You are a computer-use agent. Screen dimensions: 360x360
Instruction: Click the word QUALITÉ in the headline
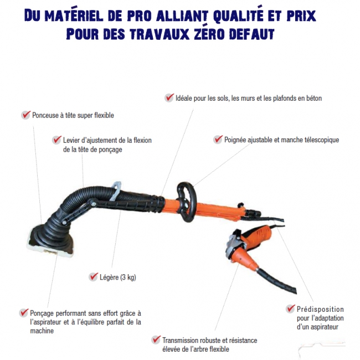238,16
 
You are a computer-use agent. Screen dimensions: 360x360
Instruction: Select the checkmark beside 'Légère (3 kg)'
94,277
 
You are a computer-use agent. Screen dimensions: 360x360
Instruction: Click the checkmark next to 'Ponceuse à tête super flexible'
26,115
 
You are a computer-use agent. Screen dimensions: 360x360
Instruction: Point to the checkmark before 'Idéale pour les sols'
169,97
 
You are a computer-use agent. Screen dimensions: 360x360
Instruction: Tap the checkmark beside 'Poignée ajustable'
218,140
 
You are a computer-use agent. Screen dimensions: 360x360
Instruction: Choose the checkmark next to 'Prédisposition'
290,308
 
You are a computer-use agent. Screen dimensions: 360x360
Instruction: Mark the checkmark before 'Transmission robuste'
156,340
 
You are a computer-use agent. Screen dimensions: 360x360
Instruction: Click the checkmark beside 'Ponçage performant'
24,313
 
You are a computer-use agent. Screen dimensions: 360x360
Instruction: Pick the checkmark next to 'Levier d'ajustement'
56,140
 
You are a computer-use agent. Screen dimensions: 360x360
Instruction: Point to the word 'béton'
314,98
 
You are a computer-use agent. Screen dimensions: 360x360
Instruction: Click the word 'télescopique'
322,140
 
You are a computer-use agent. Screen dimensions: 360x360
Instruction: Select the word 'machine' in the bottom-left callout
42,331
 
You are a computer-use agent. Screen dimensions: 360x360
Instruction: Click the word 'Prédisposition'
320,309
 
